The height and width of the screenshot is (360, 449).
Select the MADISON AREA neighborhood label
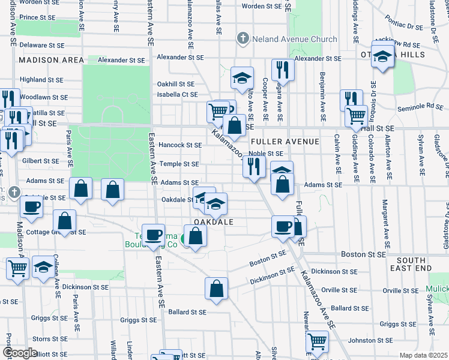[x=51, y=60]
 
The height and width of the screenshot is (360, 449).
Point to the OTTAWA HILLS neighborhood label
[x=411, y=55]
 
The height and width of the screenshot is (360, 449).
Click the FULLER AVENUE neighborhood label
[x=285, y=142]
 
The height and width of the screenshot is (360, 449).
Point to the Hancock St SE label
[x=180, y=145]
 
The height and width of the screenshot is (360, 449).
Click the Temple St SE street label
[x=178, y=164]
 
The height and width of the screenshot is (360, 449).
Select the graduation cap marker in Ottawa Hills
[x=382, y=58]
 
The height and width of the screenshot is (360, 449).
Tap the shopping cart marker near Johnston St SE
[x=318, y=341]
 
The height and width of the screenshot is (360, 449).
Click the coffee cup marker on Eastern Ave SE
[x=154, y=233]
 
